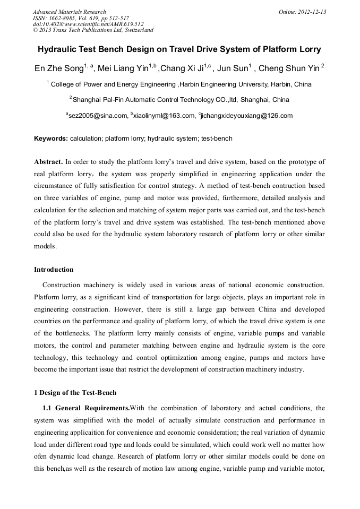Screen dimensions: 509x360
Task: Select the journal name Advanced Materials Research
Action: (x=69, y=12)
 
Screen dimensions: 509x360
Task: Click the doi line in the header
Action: (x=88, y=24)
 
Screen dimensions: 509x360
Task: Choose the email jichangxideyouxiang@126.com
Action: (x=247, y=116)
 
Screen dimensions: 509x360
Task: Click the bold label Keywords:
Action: (x=51, y=139)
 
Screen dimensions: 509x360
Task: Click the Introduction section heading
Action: (x=54, y=270)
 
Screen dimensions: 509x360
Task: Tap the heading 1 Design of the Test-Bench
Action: (x=75, y=393)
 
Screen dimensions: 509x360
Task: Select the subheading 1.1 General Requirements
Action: (x=86, y=408)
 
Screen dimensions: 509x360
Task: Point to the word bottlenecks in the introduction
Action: (x=74, y=333)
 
